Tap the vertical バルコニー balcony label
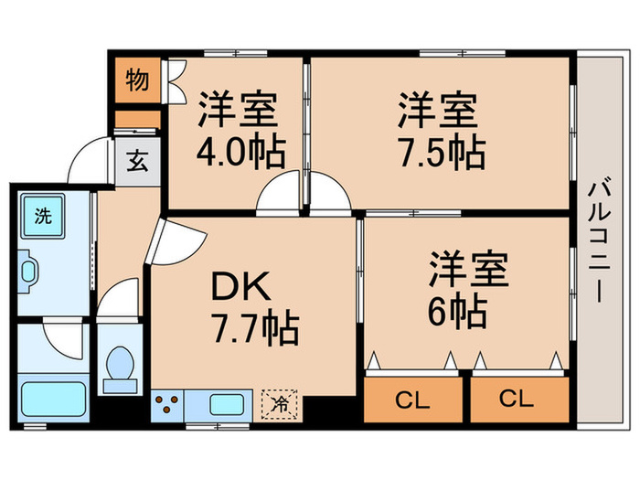coord(599,239)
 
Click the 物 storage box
coord(137,80)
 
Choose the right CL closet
coord(517,400)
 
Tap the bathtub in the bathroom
coord(53,399)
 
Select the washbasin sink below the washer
coord(31,271)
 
